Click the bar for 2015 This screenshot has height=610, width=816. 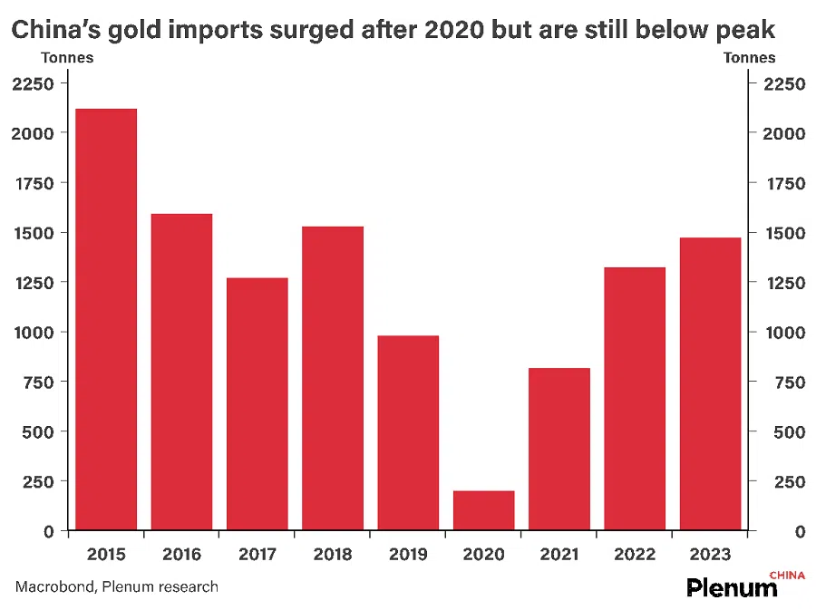[106, 319]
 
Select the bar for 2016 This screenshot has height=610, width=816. [181, 372]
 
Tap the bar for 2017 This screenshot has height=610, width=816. [257, 403]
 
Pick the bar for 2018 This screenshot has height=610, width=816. [333, 378]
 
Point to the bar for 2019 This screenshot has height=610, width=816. [408, 432]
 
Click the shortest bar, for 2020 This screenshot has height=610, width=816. [483, 510]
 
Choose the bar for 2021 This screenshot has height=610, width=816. [559, 449]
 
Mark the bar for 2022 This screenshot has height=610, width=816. [635, 399]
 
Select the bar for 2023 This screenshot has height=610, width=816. [710, 383]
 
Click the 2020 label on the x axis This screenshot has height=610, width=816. [483, 554]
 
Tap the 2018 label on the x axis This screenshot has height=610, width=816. [333, 554]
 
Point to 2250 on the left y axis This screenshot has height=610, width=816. [33, 84]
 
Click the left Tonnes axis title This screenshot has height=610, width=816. [67, 58]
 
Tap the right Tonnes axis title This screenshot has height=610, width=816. [749, 58]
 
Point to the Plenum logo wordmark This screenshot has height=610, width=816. [732, 587]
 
